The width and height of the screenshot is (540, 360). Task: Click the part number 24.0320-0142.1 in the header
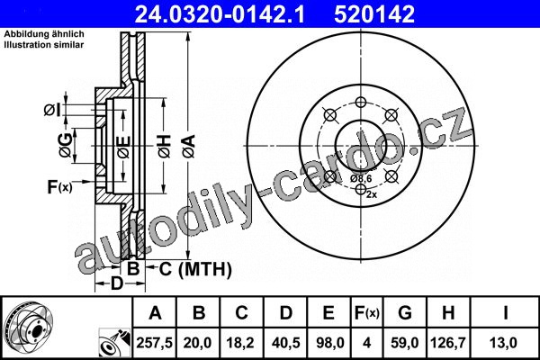(x=220, y=14)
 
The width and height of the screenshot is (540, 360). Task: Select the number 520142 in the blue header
(x=374, y=14)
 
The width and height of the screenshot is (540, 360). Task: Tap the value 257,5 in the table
(x=155, y=343)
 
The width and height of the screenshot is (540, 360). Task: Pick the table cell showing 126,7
(x=448, y=343)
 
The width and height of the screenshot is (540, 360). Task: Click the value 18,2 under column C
(x=240, y=343)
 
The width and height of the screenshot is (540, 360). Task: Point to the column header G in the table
(x=405, y=313)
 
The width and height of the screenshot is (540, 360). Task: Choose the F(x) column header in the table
(x=367, y=313)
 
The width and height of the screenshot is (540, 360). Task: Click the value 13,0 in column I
(x=505, y=343)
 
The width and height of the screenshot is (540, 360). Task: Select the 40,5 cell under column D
(x=286, y=343)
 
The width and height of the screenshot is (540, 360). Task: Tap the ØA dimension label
(x=189, y=146)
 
